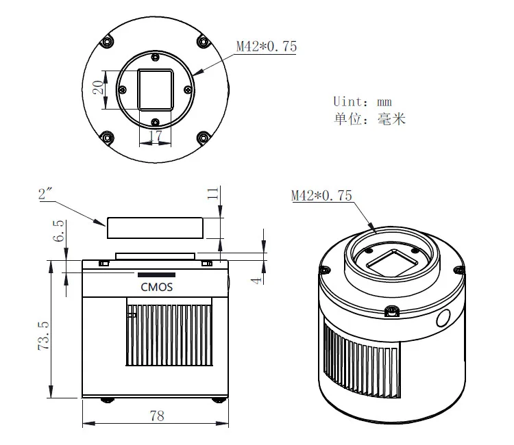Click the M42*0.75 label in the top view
point(267,47)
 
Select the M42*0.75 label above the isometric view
point(321,196)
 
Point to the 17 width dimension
point(156,137)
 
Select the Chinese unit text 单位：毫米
point(370,119)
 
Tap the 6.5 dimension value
point(59,231)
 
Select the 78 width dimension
point(156,416)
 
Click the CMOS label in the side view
point(156,287)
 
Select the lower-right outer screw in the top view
point(203,138)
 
